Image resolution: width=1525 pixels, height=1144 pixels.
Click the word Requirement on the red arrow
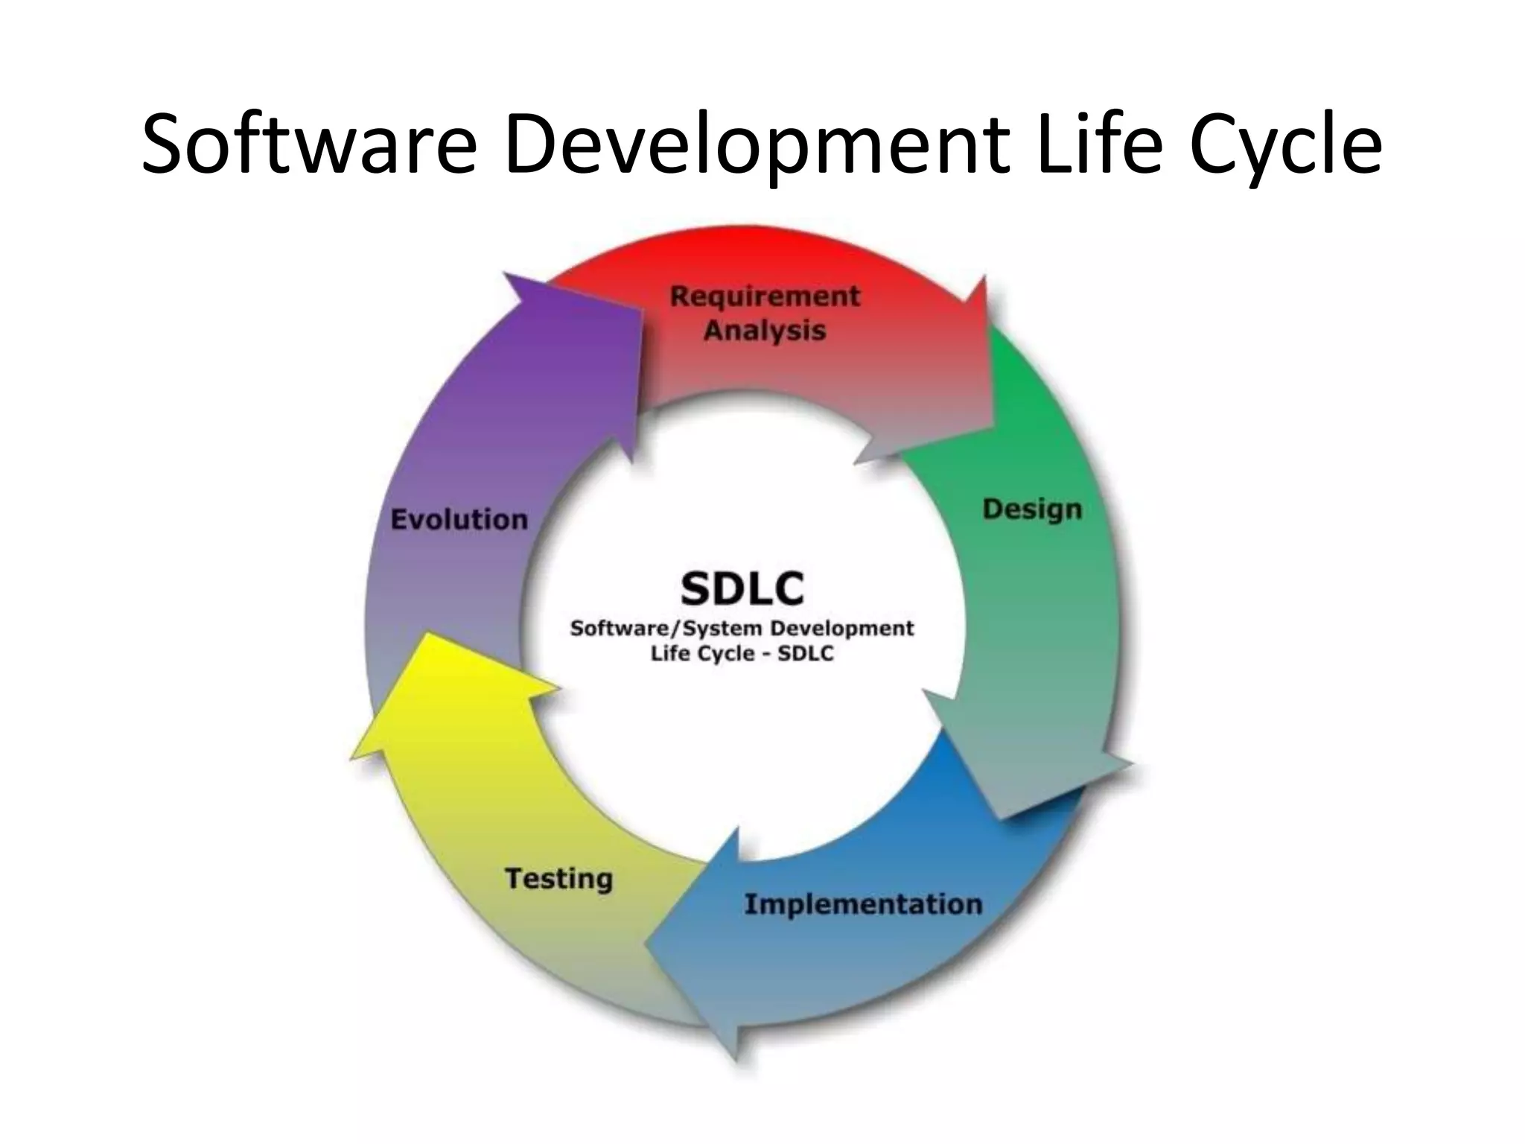point(765,296)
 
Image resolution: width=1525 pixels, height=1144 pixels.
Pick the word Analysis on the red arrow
point(765,330)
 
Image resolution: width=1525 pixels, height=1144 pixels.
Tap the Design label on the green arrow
point(1032,509)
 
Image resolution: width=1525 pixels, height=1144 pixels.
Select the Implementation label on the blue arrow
point(863,904)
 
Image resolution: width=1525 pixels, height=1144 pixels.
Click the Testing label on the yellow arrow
point(559,879)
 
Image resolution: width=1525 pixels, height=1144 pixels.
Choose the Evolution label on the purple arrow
point(459,519)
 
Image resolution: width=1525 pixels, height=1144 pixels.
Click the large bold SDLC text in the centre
point(742,588)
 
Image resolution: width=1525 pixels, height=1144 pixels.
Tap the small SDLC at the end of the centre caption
point(806,654)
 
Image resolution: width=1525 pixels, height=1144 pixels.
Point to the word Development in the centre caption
point(841,628)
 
